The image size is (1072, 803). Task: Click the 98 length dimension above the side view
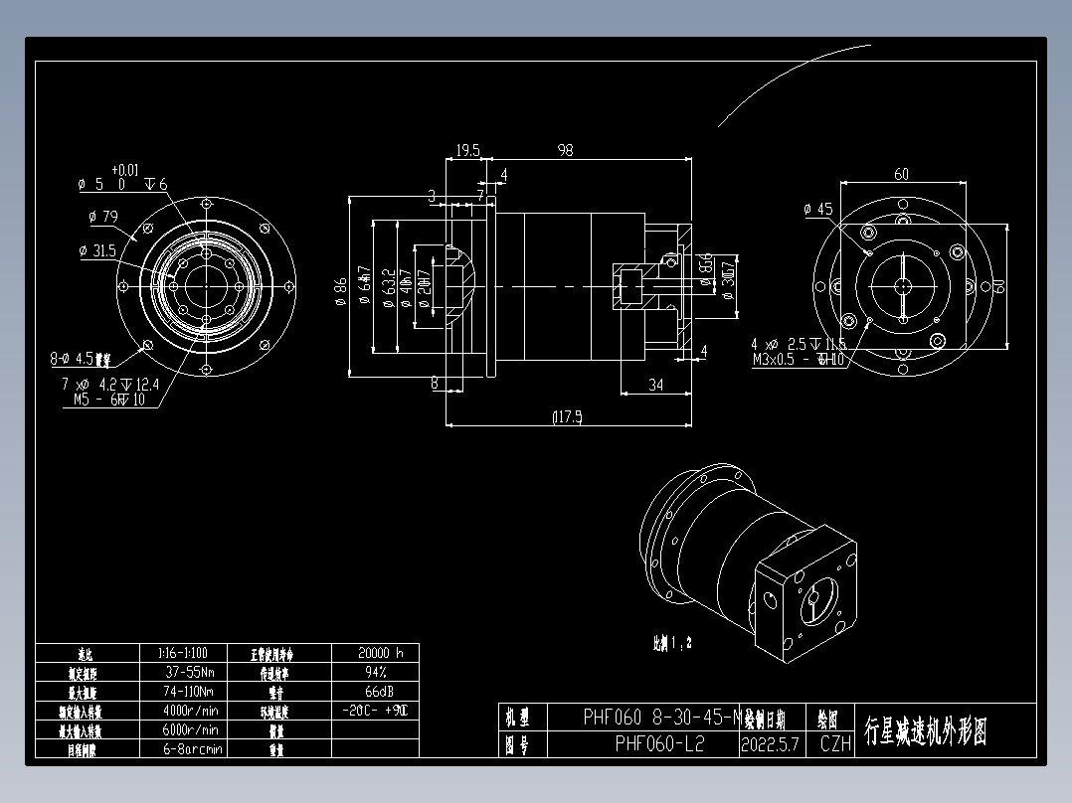(x=565, y=150)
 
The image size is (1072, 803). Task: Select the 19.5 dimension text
(x=467, y=150)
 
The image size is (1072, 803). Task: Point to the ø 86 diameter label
(x=340, y=288)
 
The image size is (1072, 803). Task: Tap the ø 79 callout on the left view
(x=97, y=216)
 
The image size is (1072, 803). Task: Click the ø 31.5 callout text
(x=97, y=250)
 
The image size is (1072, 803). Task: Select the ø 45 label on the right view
(x=817, y=209)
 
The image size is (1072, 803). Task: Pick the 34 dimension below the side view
(x=655, y=385)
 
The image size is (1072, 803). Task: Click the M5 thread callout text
(x=109, y=400)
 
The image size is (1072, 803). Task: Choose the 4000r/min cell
(x=191, y=711)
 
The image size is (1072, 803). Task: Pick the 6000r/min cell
(x=191, y=729)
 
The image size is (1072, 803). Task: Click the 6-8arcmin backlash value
(x=191, y=748)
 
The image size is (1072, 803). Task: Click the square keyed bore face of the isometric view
(x=812, y=602)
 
